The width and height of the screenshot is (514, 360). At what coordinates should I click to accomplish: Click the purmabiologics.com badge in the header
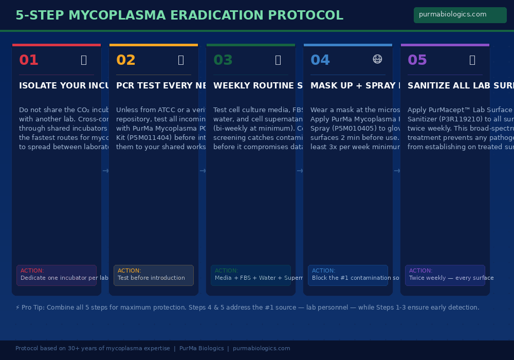[x=460, y=15]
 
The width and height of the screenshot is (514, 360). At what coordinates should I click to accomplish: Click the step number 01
[x=29, y=61]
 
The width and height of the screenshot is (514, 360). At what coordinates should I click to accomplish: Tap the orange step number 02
[x=126, y=61]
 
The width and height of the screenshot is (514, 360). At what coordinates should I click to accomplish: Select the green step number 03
[x=223, y=61]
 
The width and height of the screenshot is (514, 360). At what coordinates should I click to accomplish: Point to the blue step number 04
[x=320, y=61]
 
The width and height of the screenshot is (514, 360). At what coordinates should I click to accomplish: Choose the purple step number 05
[x=417, y=61]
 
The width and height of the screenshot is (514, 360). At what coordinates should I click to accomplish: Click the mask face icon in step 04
[x=377, y=60]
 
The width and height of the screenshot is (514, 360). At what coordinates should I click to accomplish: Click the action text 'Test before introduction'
[x=151, y=278]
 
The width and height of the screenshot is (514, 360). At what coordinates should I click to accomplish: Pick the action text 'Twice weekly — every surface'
[x=451, y=278]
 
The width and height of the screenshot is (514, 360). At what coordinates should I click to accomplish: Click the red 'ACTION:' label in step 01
[x=32, y=271]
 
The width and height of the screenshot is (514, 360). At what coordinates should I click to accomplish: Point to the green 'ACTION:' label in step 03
[x=227, y=271]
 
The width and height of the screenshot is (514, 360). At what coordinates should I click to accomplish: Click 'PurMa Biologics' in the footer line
[x=201, y=349]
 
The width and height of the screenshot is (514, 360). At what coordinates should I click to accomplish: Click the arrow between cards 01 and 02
[x=105, y=171]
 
